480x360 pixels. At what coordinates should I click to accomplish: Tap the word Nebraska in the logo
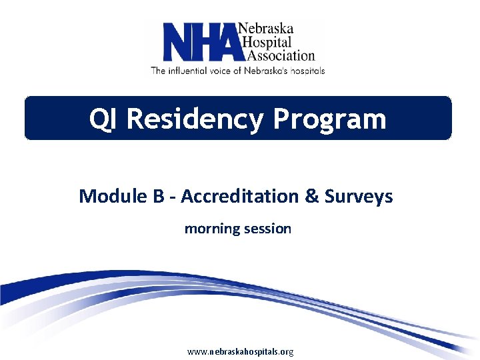(x=266, y=29)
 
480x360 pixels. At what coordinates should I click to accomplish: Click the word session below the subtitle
(x=267, y=229)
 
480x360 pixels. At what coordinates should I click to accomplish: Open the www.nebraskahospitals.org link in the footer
(x=240, y=351)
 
